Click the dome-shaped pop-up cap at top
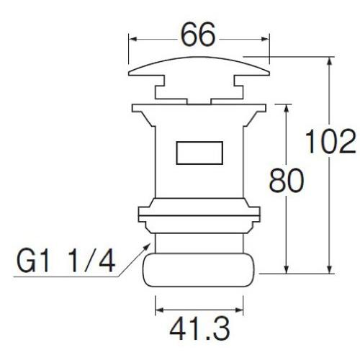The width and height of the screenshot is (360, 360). [199, 69]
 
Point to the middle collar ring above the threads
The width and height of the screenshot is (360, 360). [199, 215]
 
